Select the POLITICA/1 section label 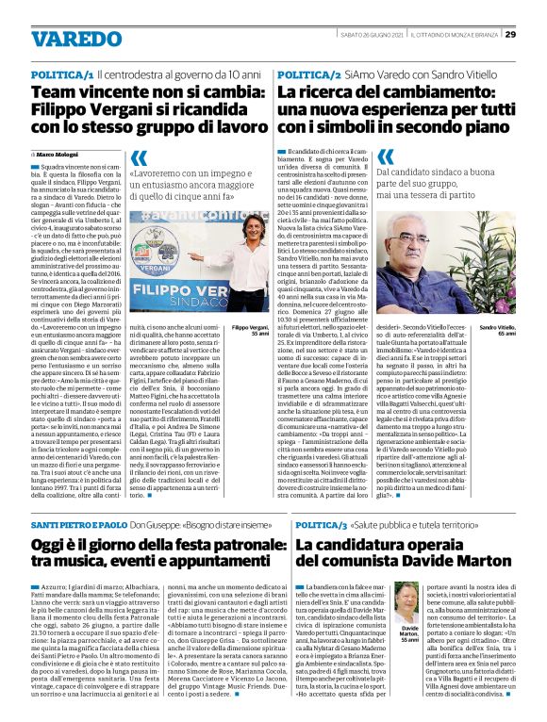tap(62, 74)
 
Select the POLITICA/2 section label tap(309, 74)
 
